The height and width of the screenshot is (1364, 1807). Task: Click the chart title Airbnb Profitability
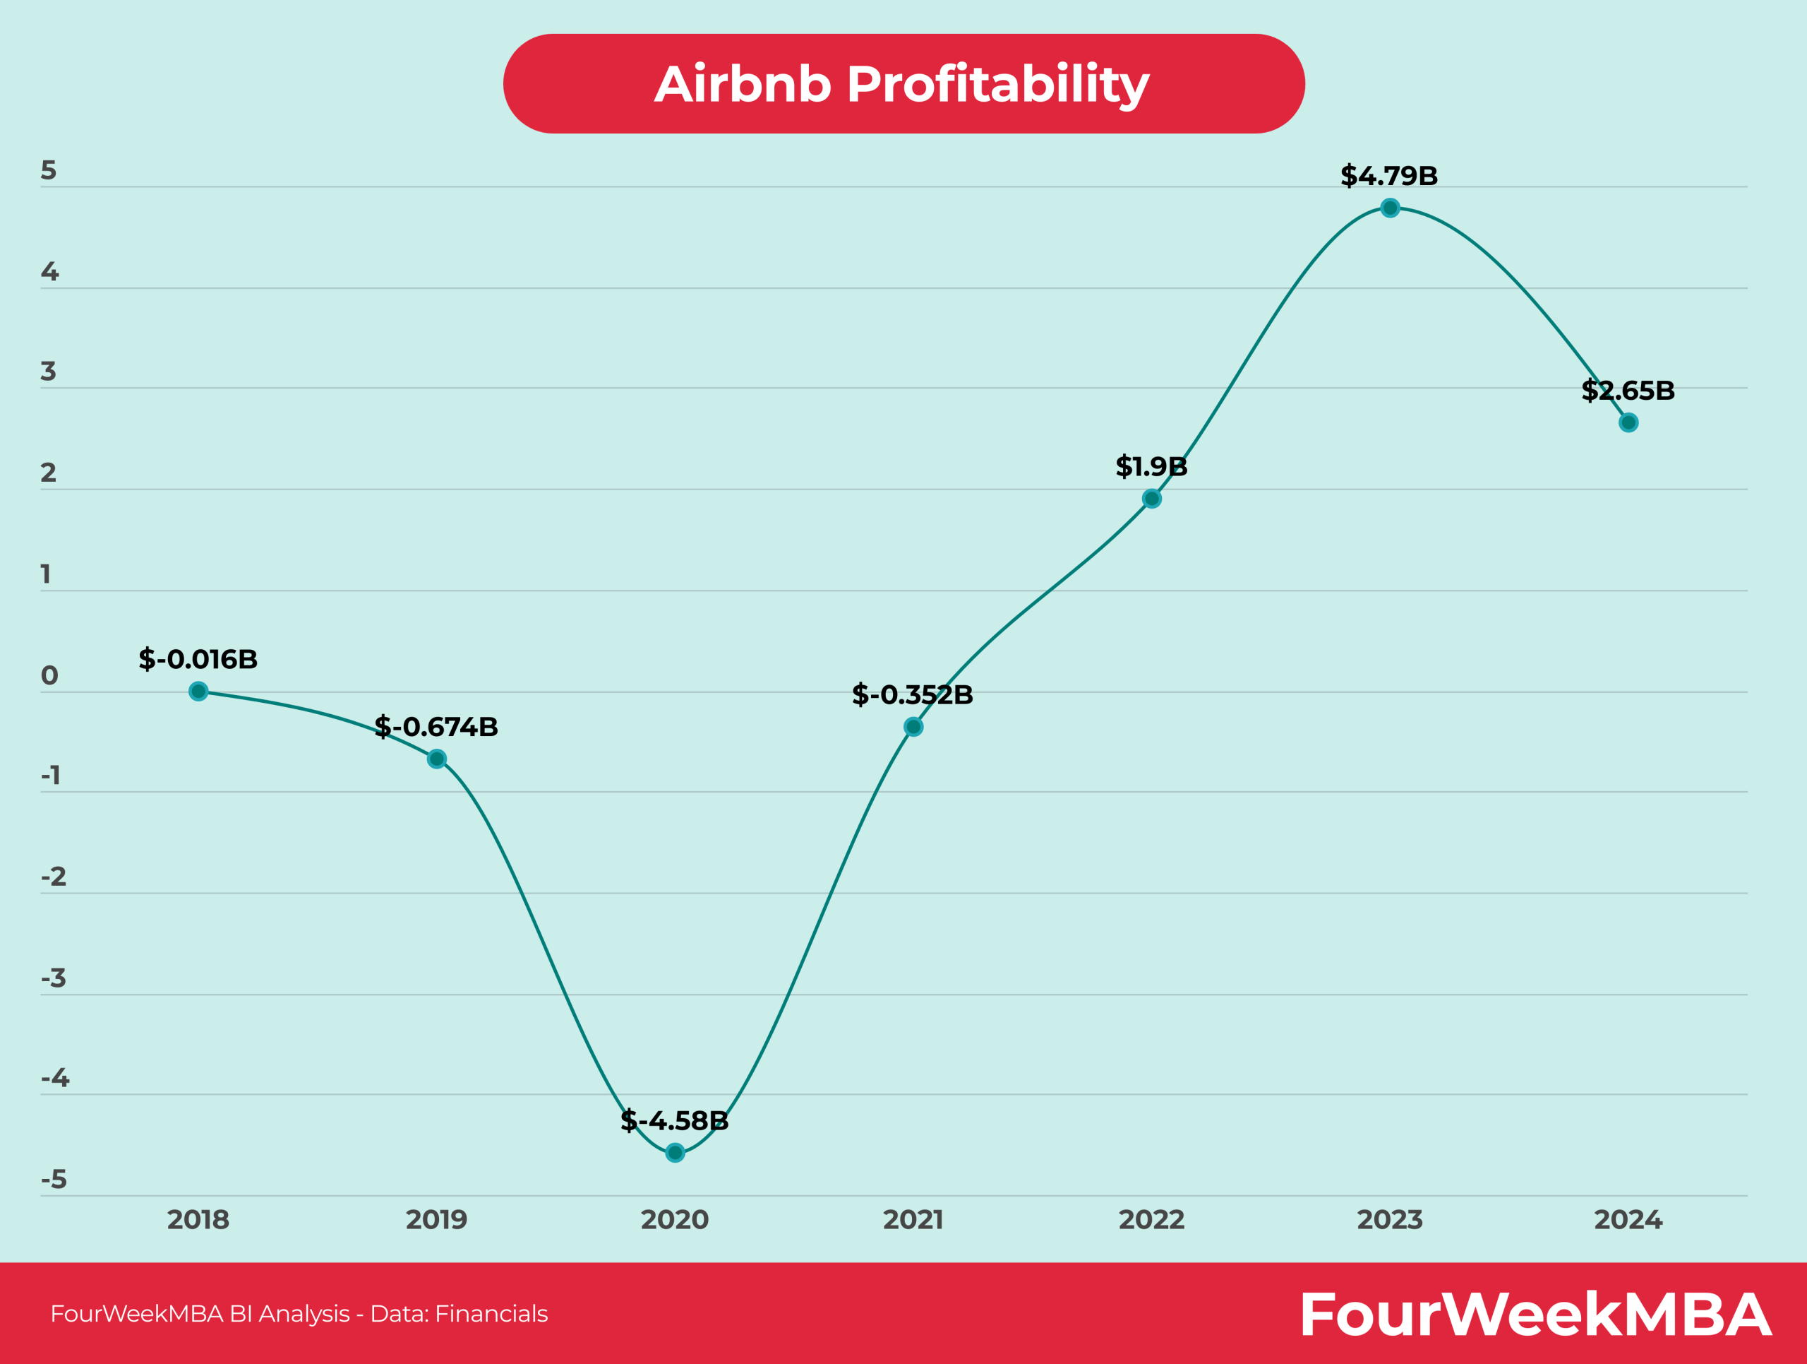coord(902,84)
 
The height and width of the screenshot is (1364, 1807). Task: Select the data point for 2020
coord(675,1153)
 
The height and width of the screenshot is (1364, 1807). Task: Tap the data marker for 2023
coord(1390,208)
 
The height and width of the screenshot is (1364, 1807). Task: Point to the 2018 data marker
coord(198,692)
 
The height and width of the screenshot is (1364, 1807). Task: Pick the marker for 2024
coord(1628,422)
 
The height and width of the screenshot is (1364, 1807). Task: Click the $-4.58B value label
coord(674,1120)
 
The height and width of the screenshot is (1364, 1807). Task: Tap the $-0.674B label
coord(436,727)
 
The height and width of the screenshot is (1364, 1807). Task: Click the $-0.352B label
coord(913,694)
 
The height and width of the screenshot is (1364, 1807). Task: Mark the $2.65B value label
coord(1628,391)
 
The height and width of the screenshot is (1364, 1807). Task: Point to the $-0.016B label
coord(198,659)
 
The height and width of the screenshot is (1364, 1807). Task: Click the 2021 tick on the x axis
coord(913,1219)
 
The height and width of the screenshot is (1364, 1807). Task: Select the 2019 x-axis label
coord(436,1219)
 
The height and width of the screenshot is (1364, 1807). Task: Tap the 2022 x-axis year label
coord(1151,1219)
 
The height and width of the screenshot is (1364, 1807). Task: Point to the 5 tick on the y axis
coord(49,171)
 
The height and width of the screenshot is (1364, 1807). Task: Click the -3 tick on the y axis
coord(54,978)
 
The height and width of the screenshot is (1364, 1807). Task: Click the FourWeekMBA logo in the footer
coord(1535,1314)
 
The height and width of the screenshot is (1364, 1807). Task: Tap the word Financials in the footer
coord(491,1314)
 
